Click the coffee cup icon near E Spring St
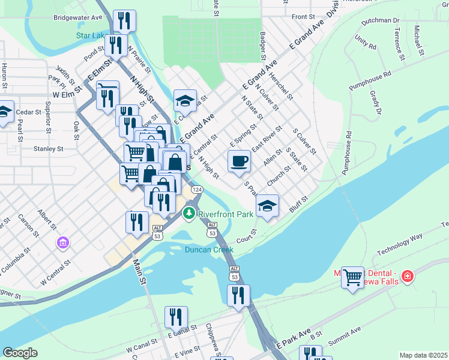click(x=240, y=161)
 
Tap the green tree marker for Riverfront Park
click(x=190, y=213)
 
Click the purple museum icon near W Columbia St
click(x=63, y=243)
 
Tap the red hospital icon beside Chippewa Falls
click(x=408, y=276)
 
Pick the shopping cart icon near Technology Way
click(x=352, y=277)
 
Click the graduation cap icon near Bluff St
click(x=267, y=206)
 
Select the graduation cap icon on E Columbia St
click(x=185, y=100)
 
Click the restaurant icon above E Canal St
click(x=176, y=316)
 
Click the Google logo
click(x=20, y=353)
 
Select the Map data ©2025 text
click(x=423, y=355)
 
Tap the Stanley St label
click(x=49, y=148)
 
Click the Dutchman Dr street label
click(x=378, y=20)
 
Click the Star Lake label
click(x=91, y=35)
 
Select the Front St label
click(x=303, y=17)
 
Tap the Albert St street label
click(x=46, y=220)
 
